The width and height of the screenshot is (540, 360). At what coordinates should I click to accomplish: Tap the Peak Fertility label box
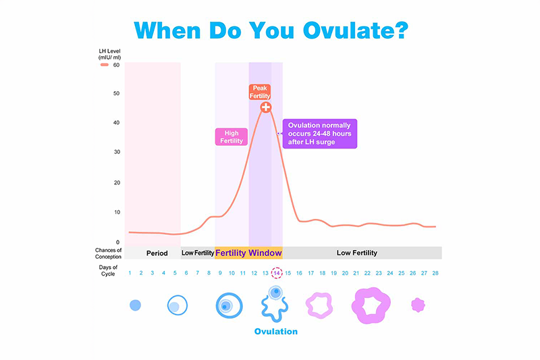tap(261, 93)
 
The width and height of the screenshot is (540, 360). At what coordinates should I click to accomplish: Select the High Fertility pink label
tap(231, 137)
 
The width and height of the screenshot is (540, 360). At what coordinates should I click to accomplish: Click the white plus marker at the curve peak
tap(266, 107)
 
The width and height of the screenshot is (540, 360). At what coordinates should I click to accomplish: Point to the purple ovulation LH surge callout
tap(320, 133)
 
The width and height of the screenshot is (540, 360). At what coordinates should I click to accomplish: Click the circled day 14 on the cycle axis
tap(276, 273)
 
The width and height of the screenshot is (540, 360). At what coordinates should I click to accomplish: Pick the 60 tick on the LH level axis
tap(117, 66)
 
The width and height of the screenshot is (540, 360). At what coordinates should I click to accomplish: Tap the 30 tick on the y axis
tap(117, 153)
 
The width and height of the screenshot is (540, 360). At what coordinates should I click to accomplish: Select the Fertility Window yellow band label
tap(248, 253)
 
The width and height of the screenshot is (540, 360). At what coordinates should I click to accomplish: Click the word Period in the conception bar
tap(157, 253)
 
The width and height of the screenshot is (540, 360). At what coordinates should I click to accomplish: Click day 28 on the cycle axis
tap(435, 273)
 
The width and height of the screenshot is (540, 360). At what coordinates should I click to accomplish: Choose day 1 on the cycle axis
tap(130, 273)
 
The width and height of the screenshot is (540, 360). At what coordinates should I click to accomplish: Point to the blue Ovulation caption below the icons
tap(275, 332)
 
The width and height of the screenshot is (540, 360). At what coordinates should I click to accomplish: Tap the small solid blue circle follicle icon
tap(135, 305)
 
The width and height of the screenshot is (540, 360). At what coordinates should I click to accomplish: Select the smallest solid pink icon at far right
tap(418, 305)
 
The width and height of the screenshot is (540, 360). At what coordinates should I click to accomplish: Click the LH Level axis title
tap(109, 55)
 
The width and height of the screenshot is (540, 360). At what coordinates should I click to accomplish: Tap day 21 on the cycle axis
tap(356, 273)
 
